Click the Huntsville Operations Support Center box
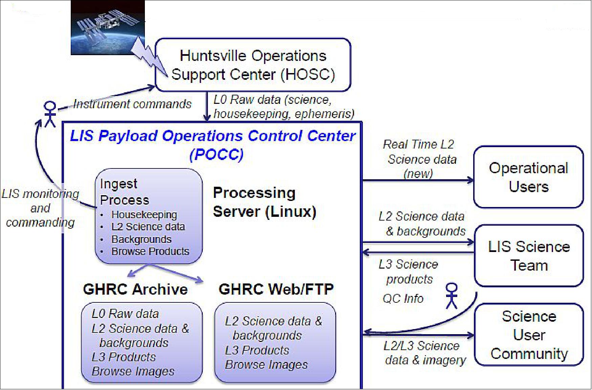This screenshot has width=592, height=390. [253, 65]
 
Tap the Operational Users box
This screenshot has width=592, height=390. [528, 177]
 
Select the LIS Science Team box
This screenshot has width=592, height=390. [529, 256]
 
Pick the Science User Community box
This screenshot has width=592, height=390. [529, 335]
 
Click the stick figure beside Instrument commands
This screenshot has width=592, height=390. [50, 114]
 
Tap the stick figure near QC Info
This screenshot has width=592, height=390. [452, 296]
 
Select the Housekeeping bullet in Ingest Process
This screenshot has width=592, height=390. [144, 215]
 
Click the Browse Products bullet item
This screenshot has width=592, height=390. [150, 251]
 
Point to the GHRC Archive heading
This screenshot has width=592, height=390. [135, 289]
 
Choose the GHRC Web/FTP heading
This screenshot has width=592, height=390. [276, 289]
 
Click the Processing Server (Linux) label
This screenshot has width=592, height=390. [264, 202]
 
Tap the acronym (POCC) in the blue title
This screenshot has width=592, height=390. [216, 155]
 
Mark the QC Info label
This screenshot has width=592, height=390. [403, 298]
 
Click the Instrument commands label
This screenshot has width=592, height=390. [132, 104]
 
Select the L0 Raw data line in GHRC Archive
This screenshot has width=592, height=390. [125, 314]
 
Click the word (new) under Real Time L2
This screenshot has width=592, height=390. [418, 174]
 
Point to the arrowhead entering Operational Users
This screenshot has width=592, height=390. [470, 180]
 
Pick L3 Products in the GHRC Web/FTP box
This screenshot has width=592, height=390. [257, 350]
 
